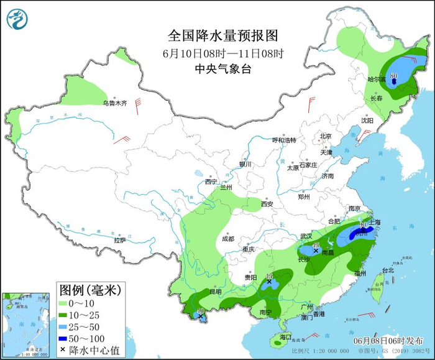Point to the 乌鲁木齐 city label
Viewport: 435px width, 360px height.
(114, 103)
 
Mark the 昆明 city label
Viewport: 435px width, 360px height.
(214, 292)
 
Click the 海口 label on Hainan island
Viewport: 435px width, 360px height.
(285, 336)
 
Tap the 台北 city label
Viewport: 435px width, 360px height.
(388, 270)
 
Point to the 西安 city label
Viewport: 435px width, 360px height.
(267, 203)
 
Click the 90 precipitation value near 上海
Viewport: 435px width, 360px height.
(364, 224)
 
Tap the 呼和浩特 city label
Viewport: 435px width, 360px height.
(285, 141)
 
